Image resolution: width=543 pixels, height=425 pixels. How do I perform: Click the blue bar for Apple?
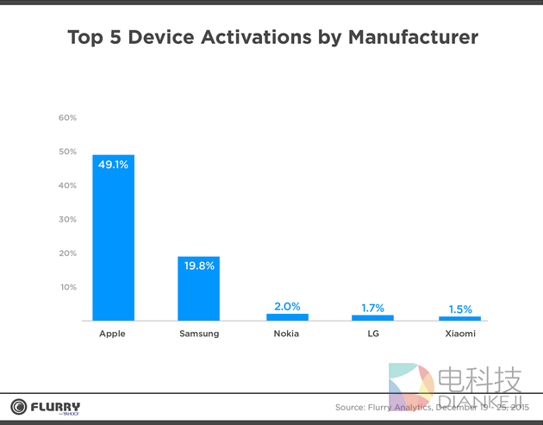[113, 241]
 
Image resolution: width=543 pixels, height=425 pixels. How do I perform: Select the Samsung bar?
[198, 293]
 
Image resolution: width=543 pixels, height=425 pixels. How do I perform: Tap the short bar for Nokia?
[287, 317]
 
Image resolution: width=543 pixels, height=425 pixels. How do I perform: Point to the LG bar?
[372, 318]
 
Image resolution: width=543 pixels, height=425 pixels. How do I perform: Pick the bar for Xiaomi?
[459, 319]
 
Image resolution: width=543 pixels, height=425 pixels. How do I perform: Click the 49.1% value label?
[113, 164]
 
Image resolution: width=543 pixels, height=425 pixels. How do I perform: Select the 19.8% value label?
[198, 266]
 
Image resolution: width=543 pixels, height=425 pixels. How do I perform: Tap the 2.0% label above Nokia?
[287, 306]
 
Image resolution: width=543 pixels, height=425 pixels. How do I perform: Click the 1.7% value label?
[372, 308]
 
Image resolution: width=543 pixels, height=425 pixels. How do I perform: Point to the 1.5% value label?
[459, 309]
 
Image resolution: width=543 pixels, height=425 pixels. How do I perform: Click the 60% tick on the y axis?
[67, 117]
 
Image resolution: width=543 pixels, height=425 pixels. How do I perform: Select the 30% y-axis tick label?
[67, 219]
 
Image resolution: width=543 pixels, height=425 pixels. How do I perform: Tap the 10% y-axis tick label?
[67, 287]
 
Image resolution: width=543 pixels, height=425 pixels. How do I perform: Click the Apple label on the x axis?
[113, 334]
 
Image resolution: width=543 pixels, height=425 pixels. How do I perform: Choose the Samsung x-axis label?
[198, 334]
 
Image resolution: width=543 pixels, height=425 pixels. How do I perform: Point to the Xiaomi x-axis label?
[459, 334]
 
